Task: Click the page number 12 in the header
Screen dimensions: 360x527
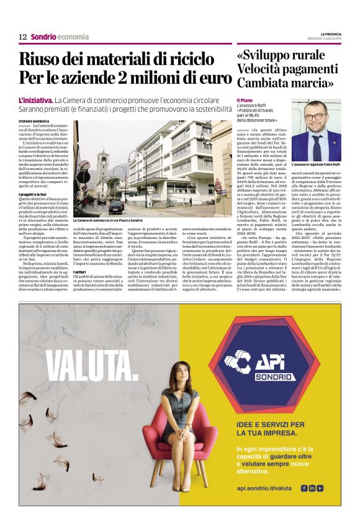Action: pos(23,37)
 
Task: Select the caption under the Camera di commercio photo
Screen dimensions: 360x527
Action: pos(107,220)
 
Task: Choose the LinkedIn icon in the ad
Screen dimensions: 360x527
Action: pos(312,488)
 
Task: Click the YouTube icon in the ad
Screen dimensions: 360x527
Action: pos(320,488)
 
